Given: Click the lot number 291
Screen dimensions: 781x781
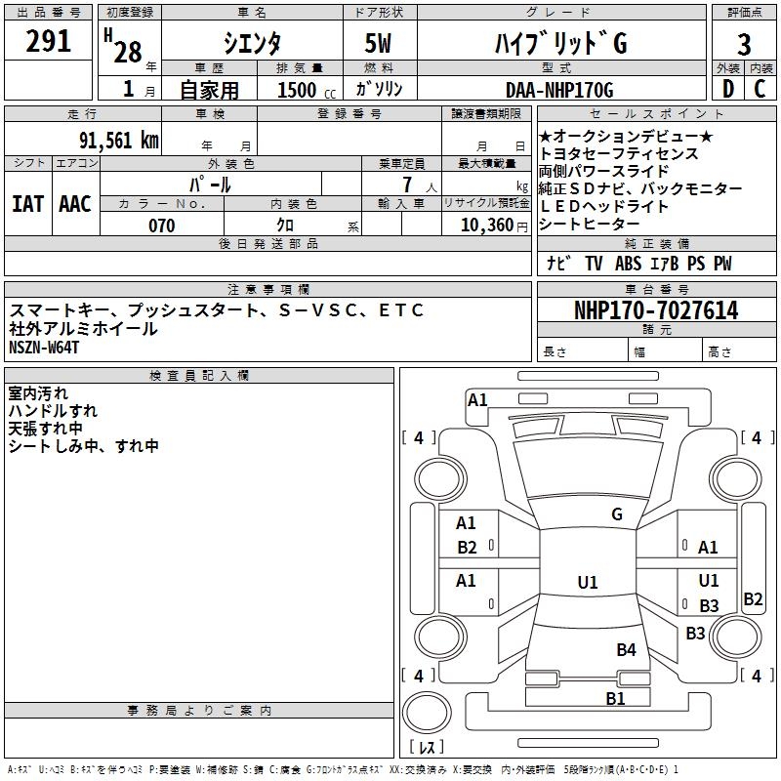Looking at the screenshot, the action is [x=48, y=42].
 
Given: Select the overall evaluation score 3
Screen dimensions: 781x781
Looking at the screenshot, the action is [x=744, y=45].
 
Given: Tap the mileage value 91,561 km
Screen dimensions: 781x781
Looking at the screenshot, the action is [x=118, y=140].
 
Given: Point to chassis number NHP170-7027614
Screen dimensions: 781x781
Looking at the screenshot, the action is [x=656, y=311].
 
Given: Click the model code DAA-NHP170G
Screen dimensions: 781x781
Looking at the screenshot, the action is [x=559, y=91].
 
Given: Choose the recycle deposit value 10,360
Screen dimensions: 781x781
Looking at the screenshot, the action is [x=483, y=226].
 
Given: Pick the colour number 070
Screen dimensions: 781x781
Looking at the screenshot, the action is [x=161, y=226].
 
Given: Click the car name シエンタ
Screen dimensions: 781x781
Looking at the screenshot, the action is [x=252, y=43].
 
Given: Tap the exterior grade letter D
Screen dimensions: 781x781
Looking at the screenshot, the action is [x=727, y=89].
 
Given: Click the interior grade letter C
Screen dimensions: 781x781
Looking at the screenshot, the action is [x=760, y=89].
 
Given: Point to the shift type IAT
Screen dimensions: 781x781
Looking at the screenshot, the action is [x=27, y=204].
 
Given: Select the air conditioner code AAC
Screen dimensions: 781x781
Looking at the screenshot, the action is [x=75, y=204].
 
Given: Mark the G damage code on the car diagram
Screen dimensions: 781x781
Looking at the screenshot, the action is [x=617, y=514].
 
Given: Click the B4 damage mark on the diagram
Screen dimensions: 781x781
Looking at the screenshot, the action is [x=626, y=649].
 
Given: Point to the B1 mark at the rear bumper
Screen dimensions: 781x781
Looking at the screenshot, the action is [x=615, y=698].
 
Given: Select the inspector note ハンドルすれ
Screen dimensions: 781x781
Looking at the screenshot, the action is [x=53, y=411].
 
